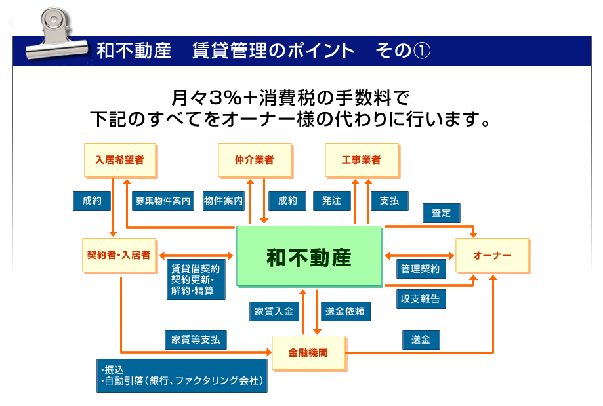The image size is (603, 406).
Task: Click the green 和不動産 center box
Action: coord(308,256)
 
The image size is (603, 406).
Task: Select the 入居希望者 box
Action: coord(119,160)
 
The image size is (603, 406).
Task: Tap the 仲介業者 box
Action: coord(254,160)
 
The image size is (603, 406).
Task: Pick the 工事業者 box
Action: coord(361,160)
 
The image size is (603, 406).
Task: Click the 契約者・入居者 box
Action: coord(119,255)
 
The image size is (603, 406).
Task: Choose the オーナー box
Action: coord(492,256)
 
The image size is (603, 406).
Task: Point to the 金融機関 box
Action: coord(308,353)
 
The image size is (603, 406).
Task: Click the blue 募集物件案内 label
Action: coord(163,201)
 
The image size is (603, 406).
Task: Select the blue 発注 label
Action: coord(331,201)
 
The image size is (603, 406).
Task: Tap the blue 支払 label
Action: coord(389,201)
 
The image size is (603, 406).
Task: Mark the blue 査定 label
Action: coord(441,213)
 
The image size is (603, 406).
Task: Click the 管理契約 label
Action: coord(421,268)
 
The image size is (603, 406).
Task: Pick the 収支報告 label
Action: coord(421,298)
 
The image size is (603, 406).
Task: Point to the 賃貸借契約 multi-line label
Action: coord(195,279)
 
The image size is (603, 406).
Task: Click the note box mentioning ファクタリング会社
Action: coord(182,375)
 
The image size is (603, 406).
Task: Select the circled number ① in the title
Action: coord(421,51)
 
